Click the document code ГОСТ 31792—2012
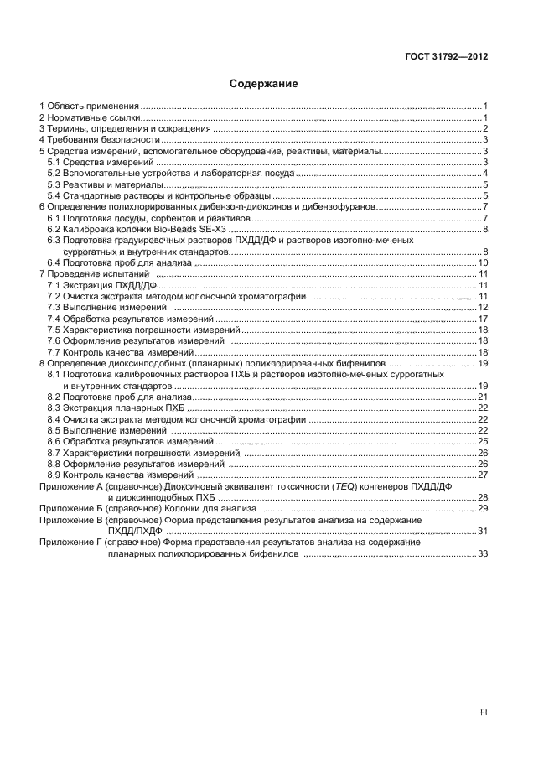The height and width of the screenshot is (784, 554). tap(447, 57)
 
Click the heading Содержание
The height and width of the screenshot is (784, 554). tap(264, 84)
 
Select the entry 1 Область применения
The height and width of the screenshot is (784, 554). tap(89, 106)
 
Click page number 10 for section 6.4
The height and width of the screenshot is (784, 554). tap(483, 263)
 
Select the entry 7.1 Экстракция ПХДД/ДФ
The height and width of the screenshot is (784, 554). tap(101, 286)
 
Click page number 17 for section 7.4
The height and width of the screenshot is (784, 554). tap(483, 319)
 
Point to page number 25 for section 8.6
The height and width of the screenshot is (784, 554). tap(483, 441)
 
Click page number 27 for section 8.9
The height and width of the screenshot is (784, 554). tap(483, 475)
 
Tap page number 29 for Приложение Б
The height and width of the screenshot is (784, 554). tap(483, 509)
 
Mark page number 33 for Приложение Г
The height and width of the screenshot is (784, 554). tap(483, 554)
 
